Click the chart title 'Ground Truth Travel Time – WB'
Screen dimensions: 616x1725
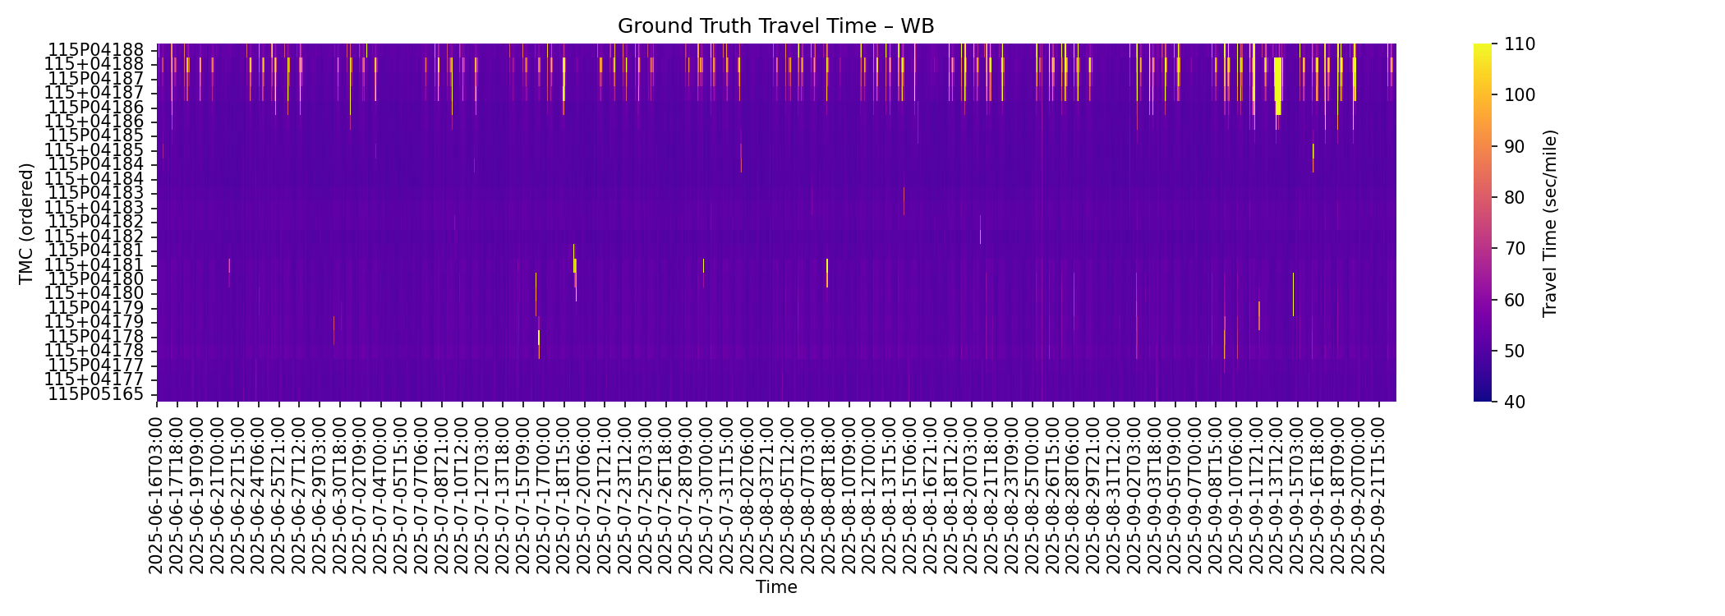point(775,26)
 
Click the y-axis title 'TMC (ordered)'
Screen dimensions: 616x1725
point(26,223)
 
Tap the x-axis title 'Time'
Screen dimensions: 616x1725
point(776,587)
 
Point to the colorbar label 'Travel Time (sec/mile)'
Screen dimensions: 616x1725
point(1550,223)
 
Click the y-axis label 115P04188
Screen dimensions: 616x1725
point(96,50)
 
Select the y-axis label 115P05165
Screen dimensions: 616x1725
point(96,394)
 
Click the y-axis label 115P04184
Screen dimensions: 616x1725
point(96,164)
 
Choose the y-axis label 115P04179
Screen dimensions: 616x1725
point(96,308)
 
